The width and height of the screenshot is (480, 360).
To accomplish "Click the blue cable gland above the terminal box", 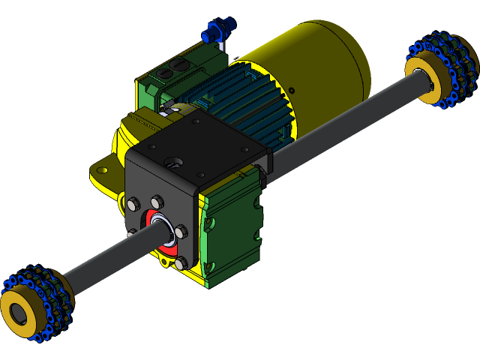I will tap(214, 32).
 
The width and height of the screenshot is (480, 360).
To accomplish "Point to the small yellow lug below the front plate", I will tap(163, 263).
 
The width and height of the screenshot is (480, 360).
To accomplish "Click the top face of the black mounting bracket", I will tap(202, 142).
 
